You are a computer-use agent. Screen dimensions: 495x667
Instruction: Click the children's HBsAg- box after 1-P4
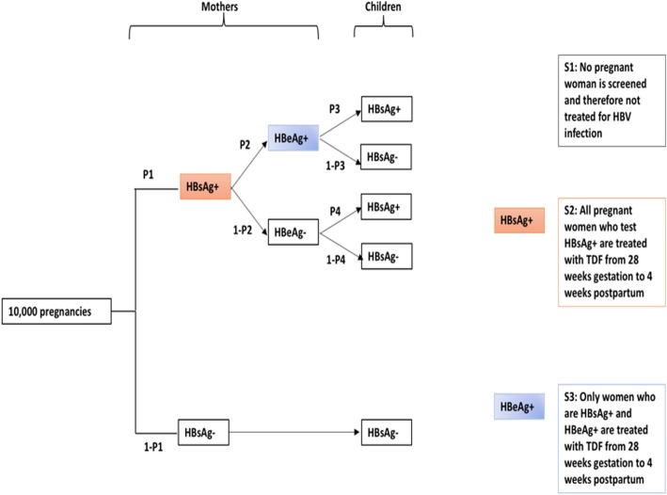tap(386, 256)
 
